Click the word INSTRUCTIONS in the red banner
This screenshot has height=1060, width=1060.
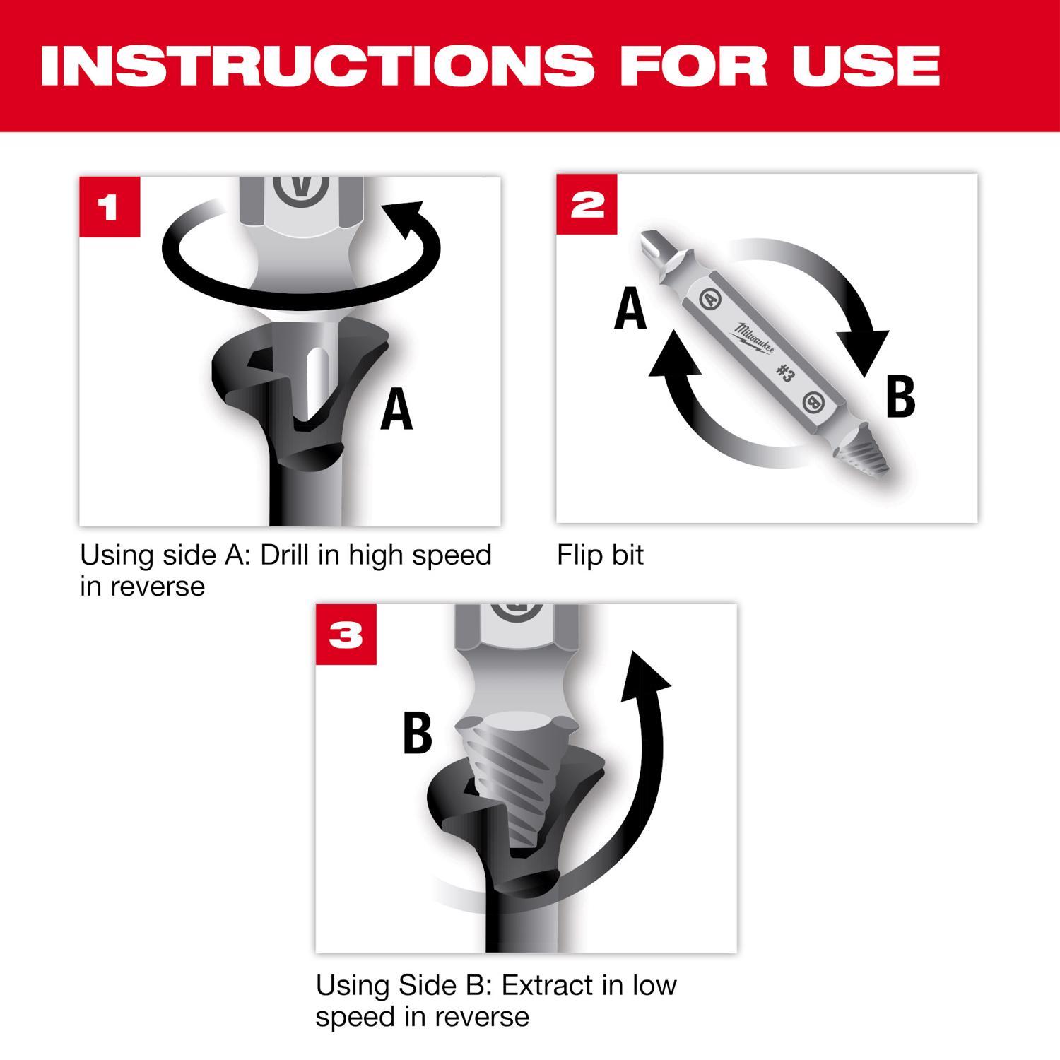(317, 65)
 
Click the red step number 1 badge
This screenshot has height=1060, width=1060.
(110, 207)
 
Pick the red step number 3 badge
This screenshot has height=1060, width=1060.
(346, 634)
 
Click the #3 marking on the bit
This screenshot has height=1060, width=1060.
(784, 372)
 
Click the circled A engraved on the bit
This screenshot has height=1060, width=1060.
(709, 298)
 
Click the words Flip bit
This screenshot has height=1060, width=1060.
(600, 555)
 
